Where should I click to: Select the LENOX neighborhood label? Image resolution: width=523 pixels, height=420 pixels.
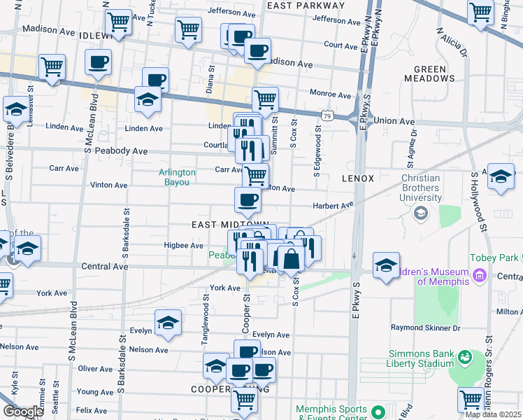(359, 178)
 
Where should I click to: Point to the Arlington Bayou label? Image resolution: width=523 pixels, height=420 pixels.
(178, 176)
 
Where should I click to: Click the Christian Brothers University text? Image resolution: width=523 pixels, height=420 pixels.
(422, 188)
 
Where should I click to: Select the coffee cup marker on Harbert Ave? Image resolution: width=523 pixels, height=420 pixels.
(247, 201)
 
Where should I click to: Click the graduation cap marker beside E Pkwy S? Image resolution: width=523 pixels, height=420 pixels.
(386, 266)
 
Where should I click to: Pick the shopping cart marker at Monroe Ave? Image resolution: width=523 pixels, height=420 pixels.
(265, 100)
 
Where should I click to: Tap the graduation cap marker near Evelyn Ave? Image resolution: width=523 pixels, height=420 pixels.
(168, 323)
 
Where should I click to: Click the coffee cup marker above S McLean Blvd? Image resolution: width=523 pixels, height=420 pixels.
(99, 62)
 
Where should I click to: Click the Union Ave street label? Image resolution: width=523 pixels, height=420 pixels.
(394, 120)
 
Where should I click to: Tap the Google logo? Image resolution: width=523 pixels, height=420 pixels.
(23, 412)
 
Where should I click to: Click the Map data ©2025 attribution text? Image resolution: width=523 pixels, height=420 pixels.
(493, 414)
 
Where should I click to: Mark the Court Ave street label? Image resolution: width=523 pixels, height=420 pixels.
(341, 45)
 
